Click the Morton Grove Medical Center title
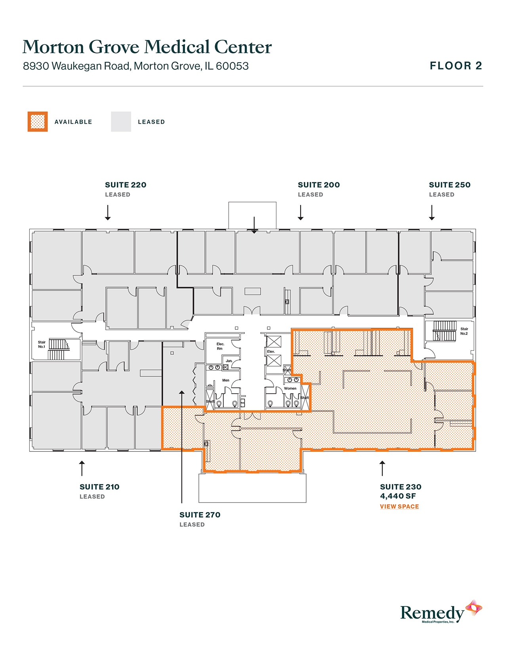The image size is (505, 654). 147,47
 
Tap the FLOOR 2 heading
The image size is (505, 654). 456,66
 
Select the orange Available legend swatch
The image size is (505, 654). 38,122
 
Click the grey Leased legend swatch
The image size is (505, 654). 121,122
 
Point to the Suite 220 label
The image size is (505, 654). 126,185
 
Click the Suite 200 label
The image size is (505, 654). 318,185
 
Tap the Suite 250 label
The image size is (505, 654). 450,185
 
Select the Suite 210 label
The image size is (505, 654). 99,487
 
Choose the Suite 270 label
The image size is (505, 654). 200,515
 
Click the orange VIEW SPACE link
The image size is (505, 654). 399,507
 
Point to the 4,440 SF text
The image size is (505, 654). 398,496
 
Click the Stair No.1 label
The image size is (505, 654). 42,344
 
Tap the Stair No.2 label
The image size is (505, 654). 464,331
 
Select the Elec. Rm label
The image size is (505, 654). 220,346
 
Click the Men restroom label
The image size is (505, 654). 226,380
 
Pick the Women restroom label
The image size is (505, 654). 290,388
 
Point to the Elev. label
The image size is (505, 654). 271,352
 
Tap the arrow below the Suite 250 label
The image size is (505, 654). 432,213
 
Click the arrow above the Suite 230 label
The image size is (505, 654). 382,468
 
